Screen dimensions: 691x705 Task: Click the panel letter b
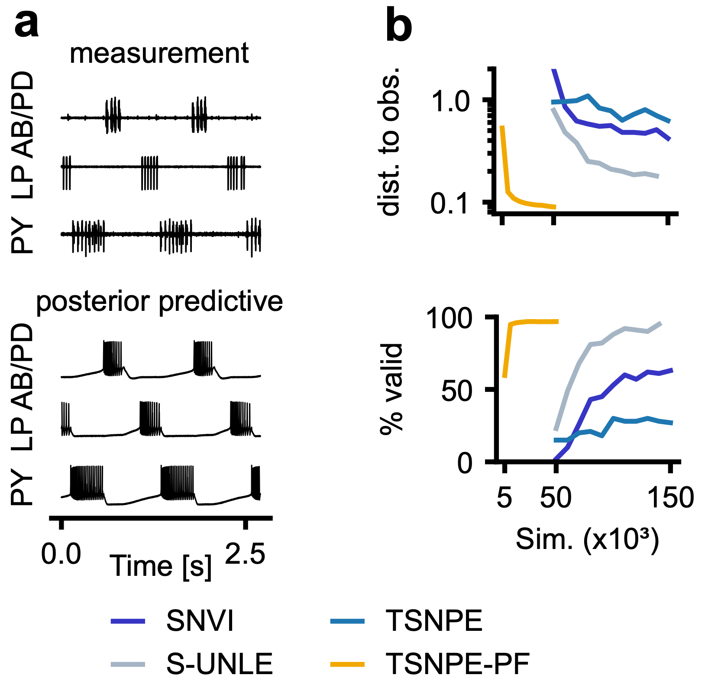coord(399,27)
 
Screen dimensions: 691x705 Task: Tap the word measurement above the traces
coord(159,54)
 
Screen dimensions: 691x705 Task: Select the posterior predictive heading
coord(159,302)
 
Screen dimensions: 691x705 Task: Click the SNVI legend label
coord(200,621)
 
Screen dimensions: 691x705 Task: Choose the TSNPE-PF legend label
coord(458,664)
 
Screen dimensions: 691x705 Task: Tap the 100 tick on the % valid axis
coord(449,319)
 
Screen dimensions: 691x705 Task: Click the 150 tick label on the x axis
coord(670,498)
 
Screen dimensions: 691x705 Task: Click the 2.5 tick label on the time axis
coord(245,554)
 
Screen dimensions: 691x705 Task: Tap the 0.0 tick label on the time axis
coord(61,554)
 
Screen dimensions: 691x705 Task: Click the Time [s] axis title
coord(161,566)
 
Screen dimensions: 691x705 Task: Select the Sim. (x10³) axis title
coord(587,540)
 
